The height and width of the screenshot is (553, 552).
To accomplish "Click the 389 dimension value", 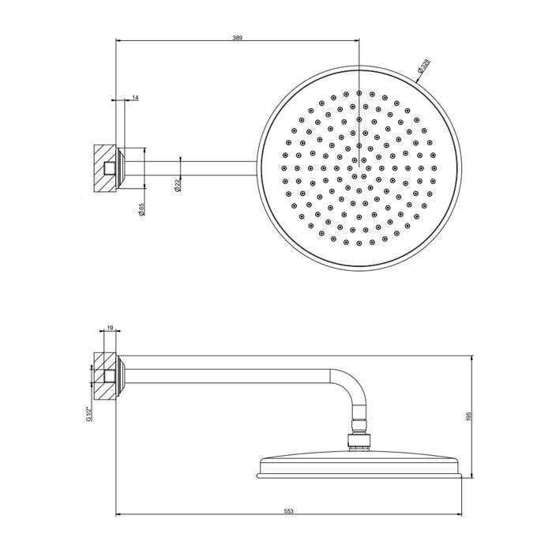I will click(x=237, y=37).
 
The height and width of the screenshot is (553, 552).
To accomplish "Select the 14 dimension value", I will click(x=135, y=97).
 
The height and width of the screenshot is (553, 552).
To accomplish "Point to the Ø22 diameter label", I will click(x=178, y=185).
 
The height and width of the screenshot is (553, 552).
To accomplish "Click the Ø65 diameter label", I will click(x=141, y=210).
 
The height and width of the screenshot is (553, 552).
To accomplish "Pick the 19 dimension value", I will click(x=110, y=327).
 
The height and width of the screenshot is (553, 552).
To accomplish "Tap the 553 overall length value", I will click(x=289, y=512).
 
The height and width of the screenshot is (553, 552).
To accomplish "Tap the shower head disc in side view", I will click(x=360, y=466).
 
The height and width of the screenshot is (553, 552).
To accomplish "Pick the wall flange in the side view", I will click(x=122, y=377).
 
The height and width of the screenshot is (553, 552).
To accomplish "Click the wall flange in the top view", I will click(x=122, y=167).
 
